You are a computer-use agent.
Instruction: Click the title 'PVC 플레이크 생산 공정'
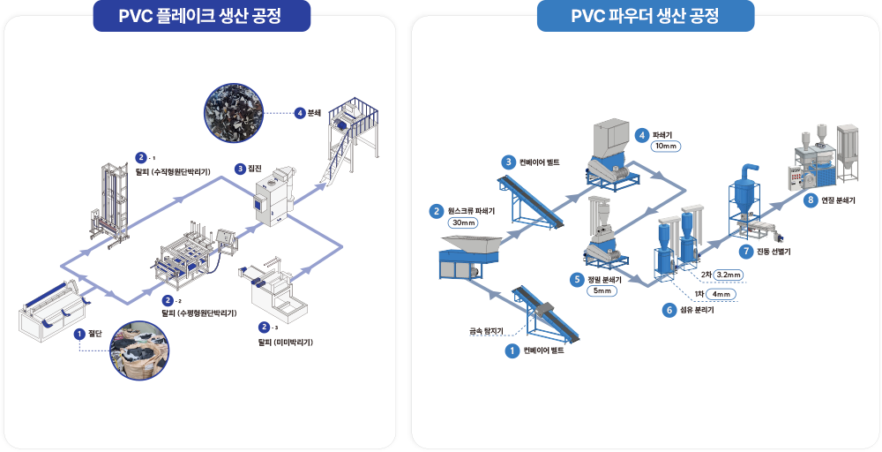point(202,15)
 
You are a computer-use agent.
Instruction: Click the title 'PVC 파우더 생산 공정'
point(645,15)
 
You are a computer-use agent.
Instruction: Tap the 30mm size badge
point(463,223)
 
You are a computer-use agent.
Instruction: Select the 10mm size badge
point(665,146)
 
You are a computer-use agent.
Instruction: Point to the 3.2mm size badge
point(733,275)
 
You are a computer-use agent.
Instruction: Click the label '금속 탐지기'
point(485,332)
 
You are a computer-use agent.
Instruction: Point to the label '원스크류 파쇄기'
point(473,211)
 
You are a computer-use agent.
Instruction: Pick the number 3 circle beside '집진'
point(240,168)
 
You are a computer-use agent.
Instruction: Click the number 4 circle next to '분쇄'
point(300,113)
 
